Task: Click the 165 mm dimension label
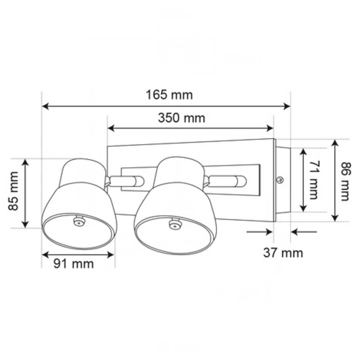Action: point(169,95)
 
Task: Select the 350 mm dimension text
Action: point(181,118)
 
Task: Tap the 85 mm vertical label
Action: point(14,193)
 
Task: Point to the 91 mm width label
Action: point(73,264)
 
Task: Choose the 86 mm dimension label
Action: point(345,181)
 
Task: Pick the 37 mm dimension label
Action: point(283,253)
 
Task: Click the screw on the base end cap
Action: point(281,180)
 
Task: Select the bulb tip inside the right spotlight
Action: point(174,225)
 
